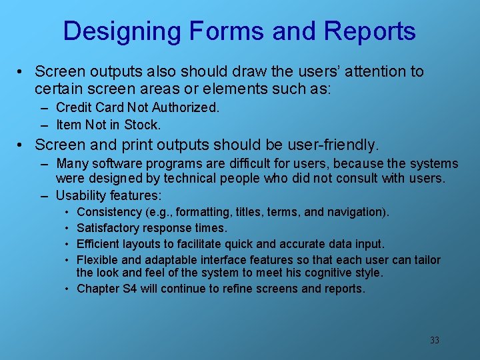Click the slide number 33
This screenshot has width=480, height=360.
[434, 340]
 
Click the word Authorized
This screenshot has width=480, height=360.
[187, 107]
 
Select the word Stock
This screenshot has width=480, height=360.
[144, 125]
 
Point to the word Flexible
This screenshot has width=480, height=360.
[99, 260]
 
